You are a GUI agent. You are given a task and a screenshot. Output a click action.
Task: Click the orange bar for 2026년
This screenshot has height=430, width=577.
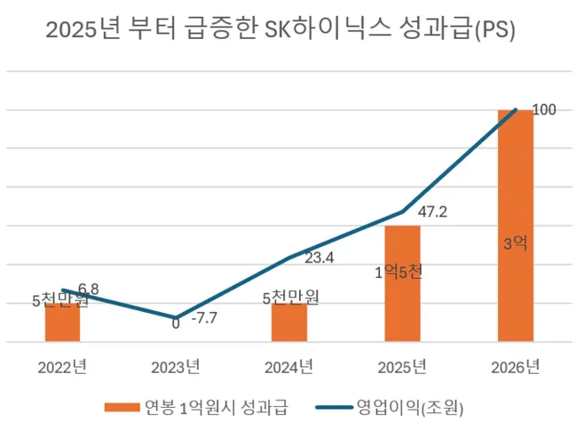tap(516, 226)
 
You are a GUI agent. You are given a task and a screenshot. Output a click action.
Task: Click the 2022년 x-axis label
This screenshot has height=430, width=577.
tap(62, 366)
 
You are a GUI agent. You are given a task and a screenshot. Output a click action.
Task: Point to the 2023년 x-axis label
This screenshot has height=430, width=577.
tap(176, 366)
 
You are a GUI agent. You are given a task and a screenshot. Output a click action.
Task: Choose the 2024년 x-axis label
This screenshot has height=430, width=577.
tap(289, 366)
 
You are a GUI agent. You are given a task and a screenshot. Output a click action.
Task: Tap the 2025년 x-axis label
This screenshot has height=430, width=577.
tap(402, 366)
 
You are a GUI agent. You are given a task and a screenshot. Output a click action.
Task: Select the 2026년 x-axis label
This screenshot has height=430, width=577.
tap(516, 366)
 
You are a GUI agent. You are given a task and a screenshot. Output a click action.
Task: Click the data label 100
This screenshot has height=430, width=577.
tap(543, 109)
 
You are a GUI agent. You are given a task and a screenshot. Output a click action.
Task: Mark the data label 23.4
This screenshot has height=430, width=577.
tap(320, 259)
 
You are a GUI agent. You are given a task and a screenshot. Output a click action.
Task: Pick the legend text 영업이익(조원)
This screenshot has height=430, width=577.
tap(409, 408)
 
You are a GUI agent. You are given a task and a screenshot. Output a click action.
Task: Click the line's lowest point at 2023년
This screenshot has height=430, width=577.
tap(176, 317)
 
